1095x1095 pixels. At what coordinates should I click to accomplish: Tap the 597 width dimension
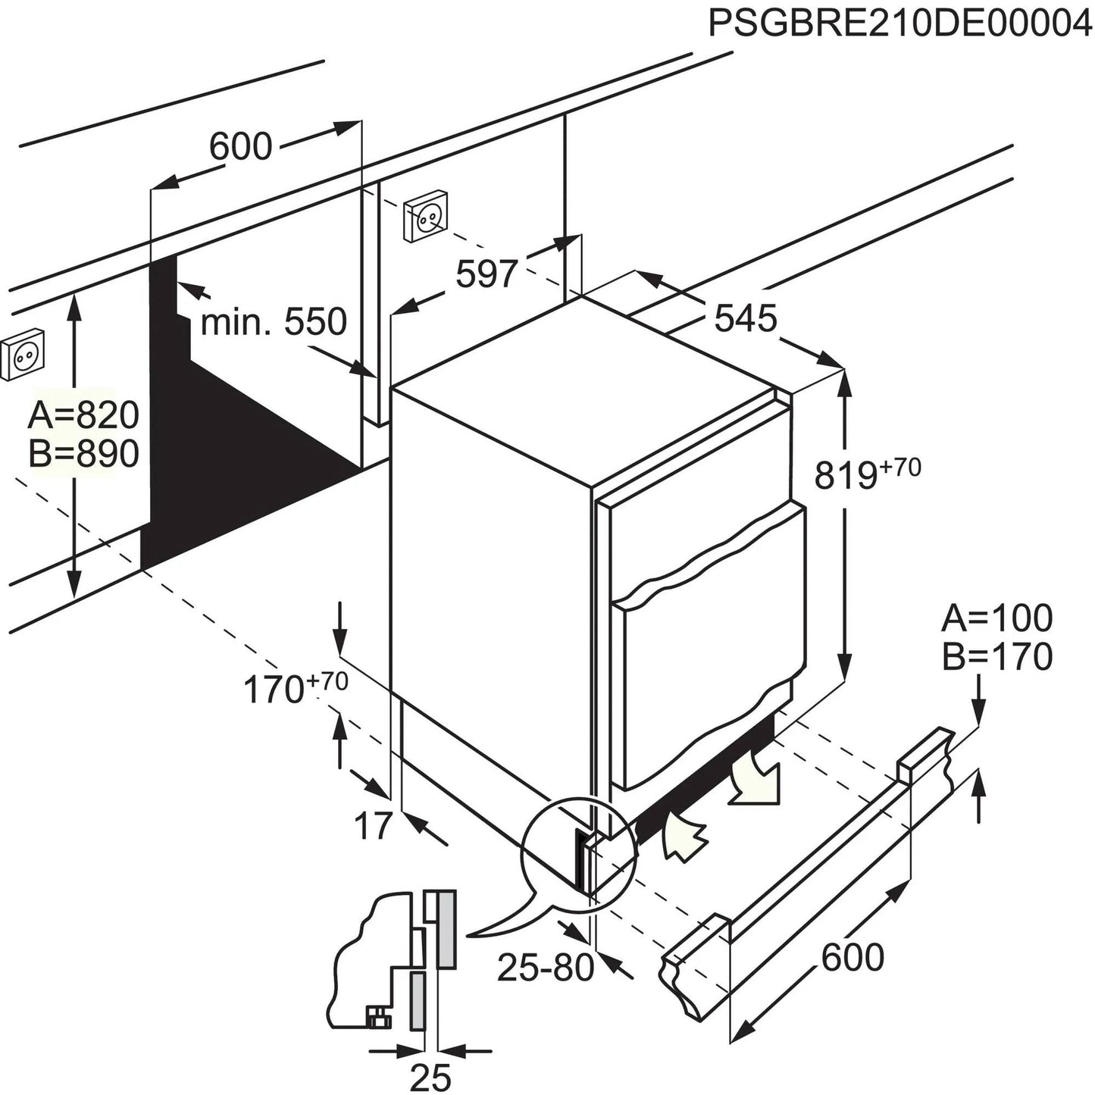[x=486, y=274]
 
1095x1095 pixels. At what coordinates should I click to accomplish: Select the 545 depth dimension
[x=746, y=318]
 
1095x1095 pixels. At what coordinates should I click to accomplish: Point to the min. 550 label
[x=274, y=322]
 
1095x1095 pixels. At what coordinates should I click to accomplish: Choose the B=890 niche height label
[x=83, y=454]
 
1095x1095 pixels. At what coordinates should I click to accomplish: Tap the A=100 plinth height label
[x=996, y=618]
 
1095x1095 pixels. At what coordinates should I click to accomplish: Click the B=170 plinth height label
[x=996, y=657]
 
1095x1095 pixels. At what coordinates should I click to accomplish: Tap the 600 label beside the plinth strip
[x=853, y=957]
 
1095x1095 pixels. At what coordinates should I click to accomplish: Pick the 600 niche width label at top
[x=240, y=146]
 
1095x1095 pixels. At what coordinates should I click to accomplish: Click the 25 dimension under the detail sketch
[x=430, y=1076]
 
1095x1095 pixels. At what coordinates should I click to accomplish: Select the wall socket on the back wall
[x=426, y=217]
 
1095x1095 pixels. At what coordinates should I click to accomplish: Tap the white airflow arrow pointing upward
[x=683, y=837]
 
